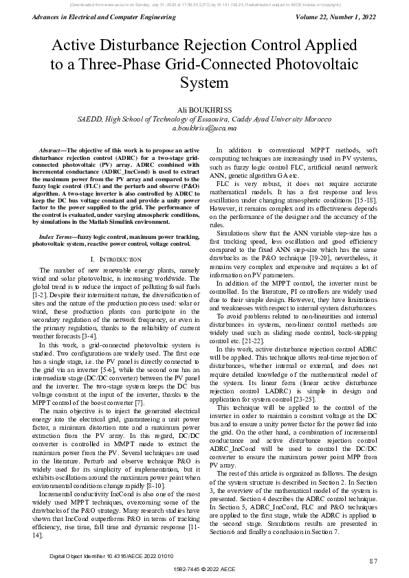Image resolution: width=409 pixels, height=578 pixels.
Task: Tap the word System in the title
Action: [204, 83]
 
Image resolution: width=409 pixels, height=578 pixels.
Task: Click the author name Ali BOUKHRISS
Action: [204, 109]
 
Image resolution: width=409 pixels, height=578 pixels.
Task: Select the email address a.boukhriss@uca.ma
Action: [204, 128]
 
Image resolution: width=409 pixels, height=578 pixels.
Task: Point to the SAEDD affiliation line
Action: [204, 119]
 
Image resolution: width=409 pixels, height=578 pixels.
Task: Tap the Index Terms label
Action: [57, 235]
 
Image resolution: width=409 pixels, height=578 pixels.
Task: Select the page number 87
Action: [373, 561]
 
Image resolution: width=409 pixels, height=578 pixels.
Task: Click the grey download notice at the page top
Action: [204, 4]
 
